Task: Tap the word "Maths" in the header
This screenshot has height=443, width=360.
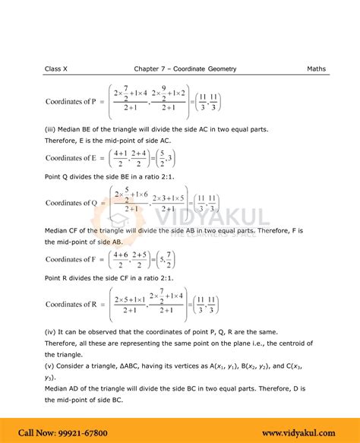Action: tap(316, 69)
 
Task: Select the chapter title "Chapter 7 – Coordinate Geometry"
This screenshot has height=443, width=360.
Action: tap(185, 69)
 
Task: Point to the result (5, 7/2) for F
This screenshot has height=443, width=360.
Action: tap(165, 259)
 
